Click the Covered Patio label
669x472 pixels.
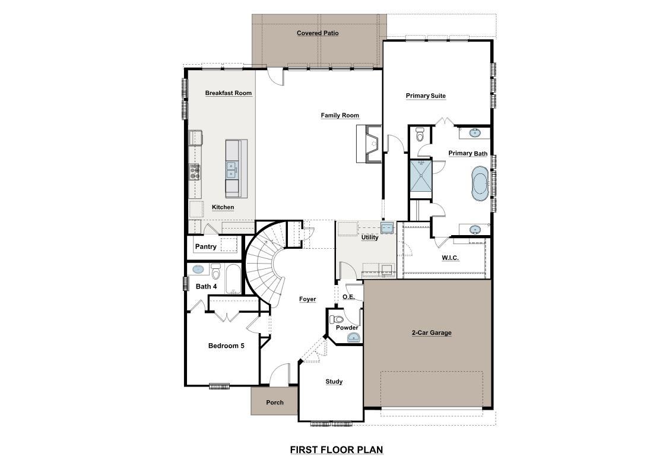pyautogui.click(x=318, y=33)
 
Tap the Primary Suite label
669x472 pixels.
pyautogui.click(x=426, y=96)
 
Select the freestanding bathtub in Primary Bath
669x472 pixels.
pyautogui.click(x=480, y=183)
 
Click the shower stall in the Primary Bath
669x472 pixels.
pyautogui.click(x=420, y=176)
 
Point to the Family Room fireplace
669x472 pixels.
pyautogui.click(x=369, y=143)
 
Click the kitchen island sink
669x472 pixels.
pyautogui.click(x=231, y=170)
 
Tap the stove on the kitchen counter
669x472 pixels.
pyautogui.click(x=195, y=172)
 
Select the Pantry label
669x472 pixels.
pyautogui.click(x=205, y=246)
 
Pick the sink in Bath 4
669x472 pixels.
pyautogui.click(x=198, y=269)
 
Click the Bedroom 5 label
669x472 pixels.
pyautogui.click(x=226, y=346)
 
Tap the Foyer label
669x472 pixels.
pyautogui.click(x=307, y=299)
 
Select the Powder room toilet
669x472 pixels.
pyautogui.click(x=338, y=319)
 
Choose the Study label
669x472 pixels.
pyautogui.click(x=334, y=382)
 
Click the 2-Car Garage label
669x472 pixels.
pyautogui.click(x=432, y=333)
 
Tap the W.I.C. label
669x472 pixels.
pyautogui.click(x=450, y=258)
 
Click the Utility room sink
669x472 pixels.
pyautogui.click(x=387, y=227)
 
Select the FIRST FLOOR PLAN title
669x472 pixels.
pyautogui.click(x=337, y=449)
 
